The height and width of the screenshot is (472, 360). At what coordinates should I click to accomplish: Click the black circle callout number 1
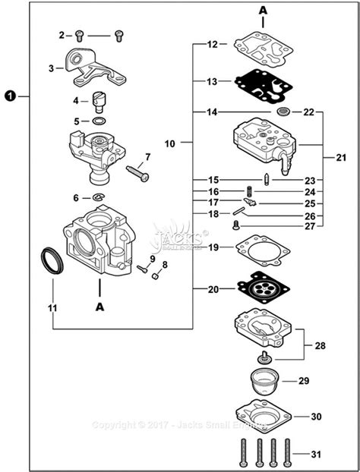pos(10,96)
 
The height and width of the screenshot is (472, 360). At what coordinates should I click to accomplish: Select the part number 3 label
pos(52,68)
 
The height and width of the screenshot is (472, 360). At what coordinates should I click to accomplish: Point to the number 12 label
pos(213,44)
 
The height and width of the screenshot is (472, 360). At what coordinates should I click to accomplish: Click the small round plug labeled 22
pos(284,112)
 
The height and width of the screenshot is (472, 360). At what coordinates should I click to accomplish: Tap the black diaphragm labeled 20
pos(263,288)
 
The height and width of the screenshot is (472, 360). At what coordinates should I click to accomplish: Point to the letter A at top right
pos(263,11)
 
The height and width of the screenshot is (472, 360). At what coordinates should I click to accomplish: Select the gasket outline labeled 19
pos(263,248)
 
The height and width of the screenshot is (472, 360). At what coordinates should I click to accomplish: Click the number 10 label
pos(169,142)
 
